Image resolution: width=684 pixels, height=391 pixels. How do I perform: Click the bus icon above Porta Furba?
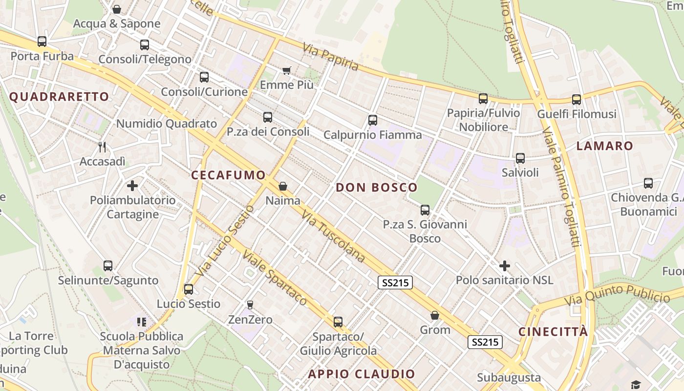(42, 42)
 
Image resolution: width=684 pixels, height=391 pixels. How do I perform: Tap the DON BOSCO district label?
(377, 187)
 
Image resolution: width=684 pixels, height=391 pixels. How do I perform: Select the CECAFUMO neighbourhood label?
(228, 175)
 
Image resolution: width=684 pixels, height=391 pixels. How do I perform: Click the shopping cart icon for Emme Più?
(287, 71)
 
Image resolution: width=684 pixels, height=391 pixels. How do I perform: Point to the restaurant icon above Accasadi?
(102, 147)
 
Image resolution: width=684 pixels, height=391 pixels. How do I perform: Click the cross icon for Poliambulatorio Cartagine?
(132, 186)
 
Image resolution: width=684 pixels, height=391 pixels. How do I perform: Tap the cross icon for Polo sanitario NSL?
(505, 266)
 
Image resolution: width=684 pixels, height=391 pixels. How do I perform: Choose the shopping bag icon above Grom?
(435, 315)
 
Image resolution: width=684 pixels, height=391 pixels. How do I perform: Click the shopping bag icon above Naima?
(283, 186)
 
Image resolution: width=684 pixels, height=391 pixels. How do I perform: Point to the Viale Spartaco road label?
(275, 279)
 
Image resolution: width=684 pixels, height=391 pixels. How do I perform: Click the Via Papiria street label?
(331, 57)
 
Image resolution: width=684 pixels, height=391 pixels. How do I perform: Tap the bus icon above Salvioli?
(520, 158)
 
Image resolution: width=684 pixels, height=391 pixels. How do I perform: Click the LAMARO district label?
(604, 146)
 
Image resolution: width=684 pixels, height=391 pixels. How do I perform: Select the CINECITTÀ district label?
(553, 332)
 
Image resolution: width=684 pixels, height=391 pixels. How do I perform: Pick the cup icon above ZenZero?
(250, 305)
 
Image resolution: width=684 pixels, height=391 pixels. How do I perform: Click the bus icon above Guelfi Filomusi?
(577, 100)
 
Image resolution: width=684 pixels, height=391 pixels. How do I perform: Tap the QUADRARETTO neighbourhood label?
(59, 96)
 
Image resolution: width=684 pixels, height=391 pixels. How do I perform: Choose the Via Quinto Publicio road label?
(617, 294)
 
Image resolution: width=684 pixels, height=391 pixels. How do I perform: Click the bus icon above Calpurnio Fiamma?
(373, 120)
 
